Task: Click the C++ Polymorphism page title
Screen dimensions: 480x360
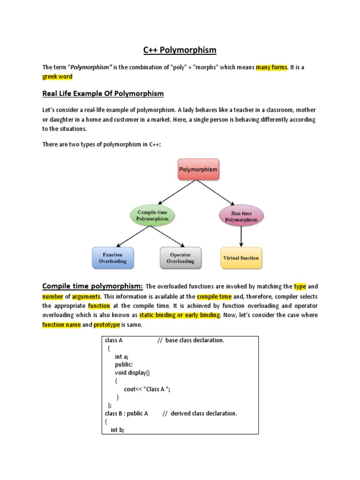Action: coord(180,50)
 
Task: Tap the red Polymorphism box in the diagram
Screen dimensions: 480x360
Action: coord(198,169)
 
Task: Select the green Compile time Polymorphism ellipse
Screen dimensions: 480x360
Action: coord(152,215)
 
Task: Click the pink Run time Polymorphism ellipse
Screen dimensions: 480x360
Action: coord(241,216)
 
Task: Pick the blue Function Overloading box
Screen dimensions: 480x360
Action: coord(112,258)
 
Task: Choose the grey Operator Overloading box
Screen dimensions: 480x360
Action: coord(180,258)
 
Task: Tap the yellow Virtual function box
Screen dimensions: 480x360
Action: coord(241,258)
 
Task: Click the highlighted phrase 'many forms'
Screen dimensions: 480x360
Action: coord(271,67)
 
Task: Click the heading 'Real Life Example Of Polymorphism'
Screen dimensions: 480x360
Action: coord(103,94)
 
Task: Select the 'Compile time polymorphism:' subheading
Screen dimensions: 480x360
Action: coord(92,286)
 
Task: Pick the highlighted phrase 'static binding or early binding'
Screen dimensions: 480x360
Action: coord(179,315)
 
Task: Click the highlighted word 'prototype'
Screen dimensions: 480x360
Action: coord(107,324)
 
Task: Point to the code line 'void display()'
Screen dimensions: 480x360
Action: coord(133,372)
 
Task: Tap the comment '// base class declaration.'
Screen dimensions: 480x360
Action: coord(191,340)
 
